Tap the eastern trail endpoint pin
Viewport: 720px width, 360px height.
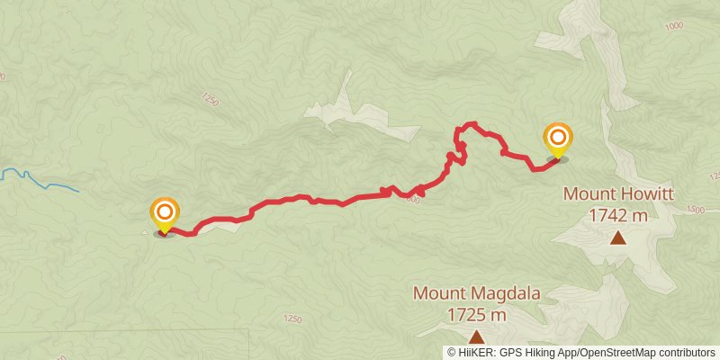[558, 139]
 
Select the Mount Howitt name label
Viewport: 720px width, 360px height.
[618, 193]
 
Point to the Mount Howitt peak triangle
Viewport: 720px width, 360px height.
[618, 238]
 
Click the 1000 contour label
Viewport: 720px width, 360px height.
[674, 26]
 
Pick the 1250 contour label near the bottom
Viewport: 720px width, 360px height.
[292, 319]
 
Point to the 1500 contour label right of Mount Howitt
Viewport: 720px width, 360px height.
[695, 209]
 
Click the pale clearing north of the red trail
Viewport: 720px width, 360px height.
[360, 112]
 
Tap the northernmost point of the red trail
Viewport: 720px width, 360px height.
[470, 124]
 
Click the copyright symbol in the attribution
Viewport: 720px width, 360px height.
[453, 352]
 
